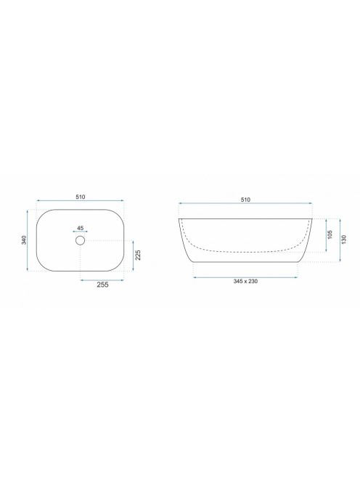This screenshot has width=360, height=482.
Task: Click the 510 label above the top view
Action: (81, 197)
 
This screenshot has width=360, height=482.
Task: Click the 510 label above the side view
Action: (245, 200)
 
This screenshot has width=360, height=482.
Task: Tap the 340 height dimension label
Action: (24, 240)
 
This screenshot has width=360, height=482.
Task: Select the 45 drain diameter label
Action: (81, 228)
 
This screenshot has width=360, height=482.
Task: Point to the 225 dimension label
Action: (138, 255)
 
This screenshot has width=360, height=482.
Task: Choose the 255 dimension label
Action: (102, 285)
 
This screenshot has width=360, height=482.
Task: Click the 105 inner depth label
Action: (330, 234)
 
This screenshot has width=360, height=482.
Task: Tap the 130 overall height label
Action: (344, 240)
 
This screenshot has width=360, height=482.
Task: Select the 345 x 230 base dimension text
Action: (245, 281)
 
